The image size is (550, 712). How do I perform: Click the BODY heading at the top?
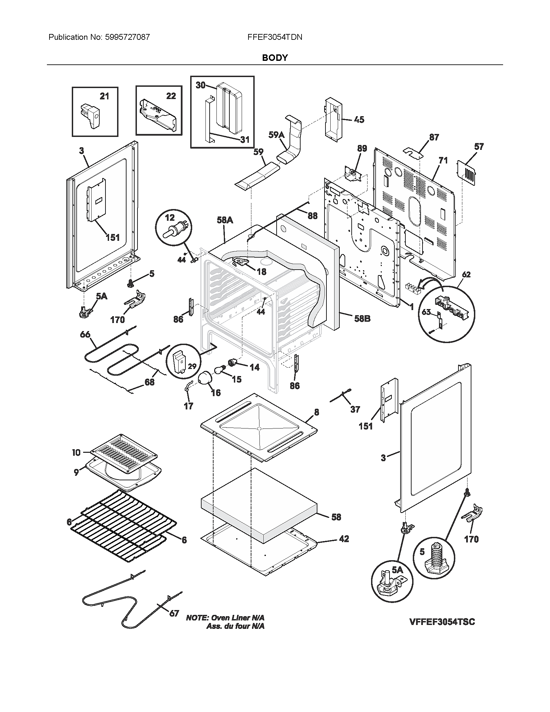[275, 58]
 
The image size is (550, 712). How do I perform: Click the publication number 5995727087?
[127, 37]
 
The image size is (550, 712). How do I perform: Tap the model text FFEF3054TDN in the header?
[275, 37]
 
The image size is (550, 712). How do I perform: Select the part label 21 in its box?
[104, 96]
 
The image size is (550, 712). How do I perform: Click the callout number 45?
[359, 120]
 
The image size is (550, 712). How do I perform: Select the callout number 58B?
[362, 318]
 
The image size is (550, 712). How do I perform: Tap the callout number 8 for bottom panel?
[316, 412]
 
